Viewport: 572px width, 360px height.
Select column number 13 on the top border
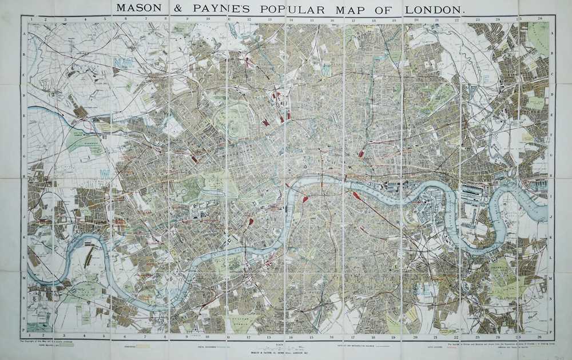[x=269, y=19]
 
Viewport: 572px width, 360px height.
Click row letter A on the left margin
[x=23, y=33]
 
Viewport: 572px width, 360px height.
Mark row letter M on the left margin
[x=23, y=278]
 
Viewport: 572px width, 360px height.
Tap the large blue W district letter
[x=105, y=172]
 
